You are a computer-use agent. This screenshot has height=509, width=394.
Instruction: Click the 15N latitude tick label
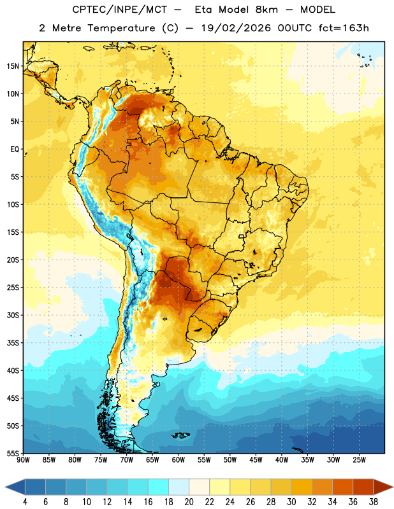click(x=13, y=66)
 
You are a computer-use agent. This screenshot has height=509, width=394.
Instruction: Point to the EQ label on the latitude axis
click(x=15, y=150)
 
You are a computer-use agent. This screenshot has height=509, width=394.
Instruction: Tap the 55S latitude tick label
click(x=13, y=453)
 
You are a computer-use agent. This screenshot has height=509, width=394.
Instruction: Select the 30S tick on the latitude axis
click(x=13, y=315)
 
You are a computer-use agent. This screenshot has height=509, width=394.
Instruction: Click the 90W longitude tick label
click(x=23, y=459)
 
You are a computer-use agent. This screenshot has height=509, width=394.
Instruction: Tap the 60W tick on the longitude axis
click(x=179, y=459)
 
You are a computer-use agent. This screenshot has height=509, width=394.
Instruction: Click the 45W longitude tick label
click(x=256, y=459)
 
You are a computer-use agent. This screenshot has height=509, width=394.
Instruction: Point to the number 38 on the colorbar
click(x=373, y=502)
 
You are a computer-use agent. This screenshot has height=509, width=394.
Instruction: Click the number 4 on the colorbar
click(x=25, y=502)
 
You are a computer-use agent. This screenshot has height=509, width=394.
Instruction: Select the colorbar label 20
click(x=189, y=502)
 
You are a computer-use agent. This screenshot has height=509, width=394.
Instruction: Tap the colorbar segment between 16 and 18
click(x=158, y=487)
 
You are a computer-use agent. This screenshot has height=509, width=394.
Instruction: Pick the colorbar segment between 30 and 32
click(x=302, y=487)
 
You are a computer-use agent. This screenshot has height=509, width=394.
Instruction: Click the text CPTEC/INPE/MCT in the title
click(x=119, y=10)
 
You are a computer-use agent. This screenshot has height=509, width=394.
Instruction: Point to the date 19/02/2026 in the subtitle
click(x=236, y=28)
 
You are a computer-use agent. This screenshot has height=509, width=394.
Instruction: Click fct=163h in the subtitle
click(x=344, y=28)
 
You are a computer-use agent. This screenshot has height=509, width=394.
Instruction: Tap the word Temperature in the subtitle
click(x=121, y=28)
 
